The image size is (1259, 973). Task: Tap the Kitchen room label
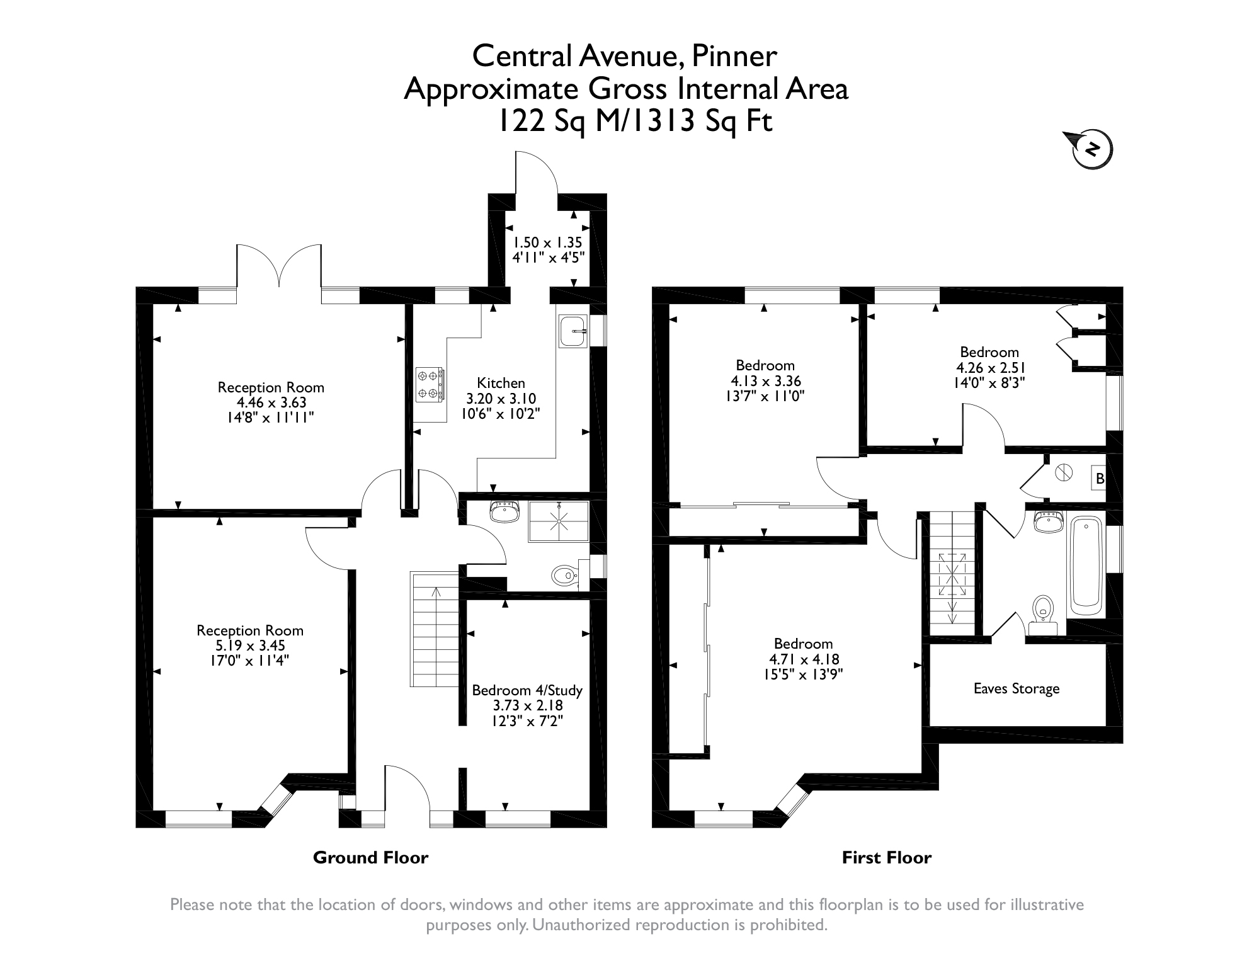click(x=501, y=383)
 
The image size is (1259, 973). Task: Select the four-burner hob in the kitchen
click(x=429, y=384)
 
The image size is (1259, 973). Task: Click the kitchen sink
click(x=573, y=331)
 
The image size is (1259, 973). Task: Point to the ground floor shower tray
click(x=558, y=521)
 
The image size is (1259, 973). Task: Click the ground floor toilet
click(x=566, y=574)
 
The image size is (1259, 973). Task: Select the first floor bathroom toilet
click(x=1044, y=615)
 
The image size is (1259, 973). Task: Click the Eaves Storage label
click(x=1016, y=688)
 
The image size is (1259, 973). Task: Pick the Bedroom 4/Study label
click(x=527, y=690)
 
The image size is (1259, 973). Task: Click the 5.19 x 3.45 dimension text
click(x=250, y=646)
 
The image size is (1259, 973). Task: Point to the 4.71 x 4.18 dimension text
click(x=804, y=659)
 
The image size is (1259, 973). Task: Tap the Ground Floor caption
click(x=370, y=857)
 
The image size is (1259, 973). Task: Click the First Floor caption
click(x=886, y=857)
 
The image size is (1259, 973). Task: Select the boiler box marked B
click(x=1099, y=479)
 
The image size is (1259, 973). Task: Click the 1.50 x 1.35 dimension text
click(x=547, y=242)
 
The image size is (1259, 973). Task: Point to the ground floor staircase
click(x=435, y=629)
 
